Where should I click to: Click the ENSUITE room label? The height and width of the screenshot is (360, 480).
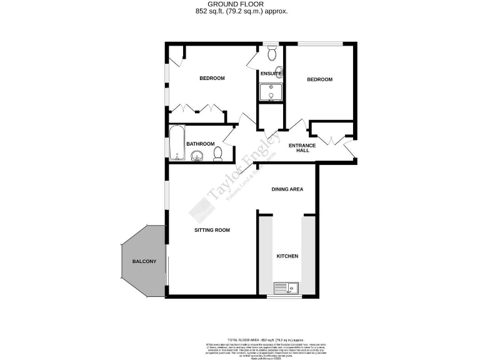tap(271, 74)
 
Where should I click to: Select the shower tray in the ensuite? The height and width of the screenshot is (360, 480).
tap(271, 93)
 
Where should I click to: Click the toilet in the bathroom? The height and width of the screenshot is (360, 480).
tap(217, 153)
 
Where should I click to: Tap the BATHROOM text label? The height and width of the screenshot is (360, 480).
tap(200, 144)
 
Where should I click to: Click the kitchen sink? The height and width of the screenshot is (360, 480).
tap(287, 288)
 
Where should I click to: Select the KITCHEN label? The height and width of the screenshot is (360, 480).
tap(287, 257)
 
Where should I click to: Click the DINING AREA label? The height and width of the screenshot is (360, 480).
tap(287, 189)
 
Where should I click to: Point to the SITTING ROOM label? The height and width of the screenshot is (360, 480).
tap(212, 230)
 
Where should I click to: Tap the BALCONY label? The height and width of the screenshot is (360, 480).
tap(144, 261)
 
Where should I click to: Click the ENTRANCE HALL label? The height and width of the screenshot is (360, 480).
tap(302, 148)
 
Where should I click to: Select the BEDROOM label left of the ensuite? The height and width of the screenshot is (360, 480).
tap(212, 78)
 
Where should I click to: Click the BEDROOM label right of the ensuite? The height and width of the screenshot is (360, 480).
tap(319, 79)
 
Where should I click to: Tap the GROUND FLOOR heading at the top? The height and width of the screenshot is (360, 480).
tap(240, 4)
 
